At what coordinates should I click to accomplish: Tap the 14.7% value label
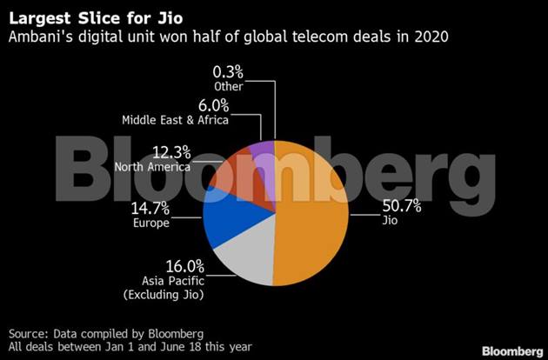point(149,209)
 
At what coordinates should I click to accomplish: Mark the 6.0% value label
point(215,105)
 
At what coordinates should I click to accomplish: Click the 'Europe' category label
point(150,223)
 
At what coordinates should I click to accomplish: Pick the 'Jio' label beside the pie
point(390,221)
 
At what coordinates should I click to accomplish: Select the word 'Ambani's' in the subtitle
point(37,37)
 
